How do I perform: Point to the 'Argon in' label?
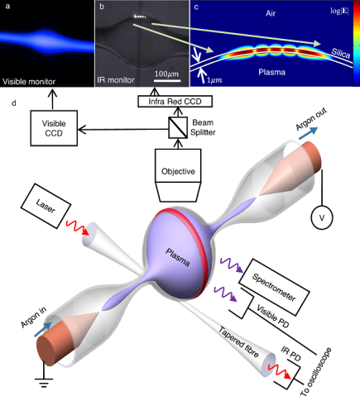[28, 334]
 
